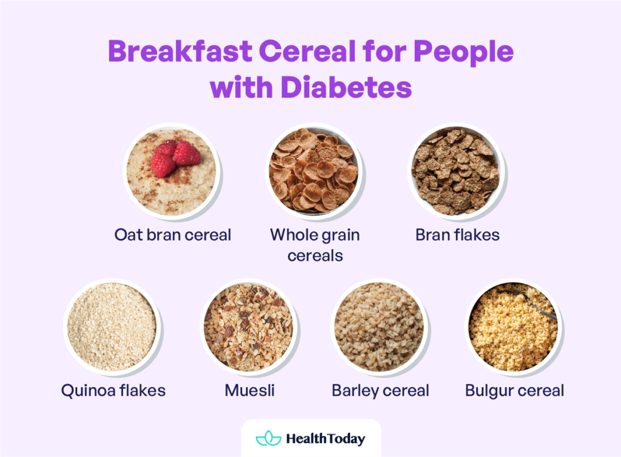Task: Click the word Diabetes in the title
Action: (346, 88)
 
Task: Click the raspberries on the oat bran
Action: (175, 156)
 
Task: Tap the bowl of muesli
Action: (249, 327)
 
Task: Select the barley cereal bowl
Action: (380, 327)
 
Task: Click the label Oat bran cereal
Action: (173, 235)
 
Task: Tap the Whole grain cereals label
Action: (315, 245)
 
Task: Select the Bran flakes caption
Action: (457, 235)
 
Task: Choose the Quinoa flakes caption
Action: (113, 390)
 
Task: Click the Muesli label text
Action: (249, 390)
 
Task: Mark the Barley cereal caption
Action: (380, 390)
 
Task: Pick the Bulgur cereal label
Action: (514, 390)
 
